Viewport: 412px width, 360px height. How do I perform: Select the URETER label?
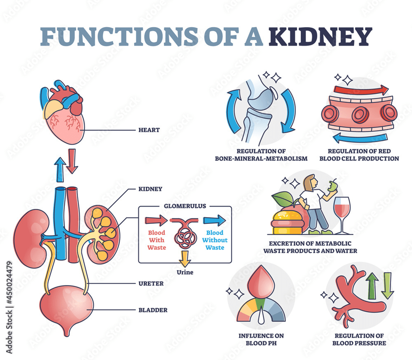[x=151, y=284]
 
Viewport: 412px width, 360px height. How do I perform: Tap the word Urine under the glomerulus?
[x=184, y=272]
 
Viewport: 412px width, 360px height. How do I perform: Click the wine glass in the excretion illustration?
[x=342, y=212]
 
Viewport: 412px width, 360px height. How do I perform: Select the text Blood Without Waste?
[x=215, y=240]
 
